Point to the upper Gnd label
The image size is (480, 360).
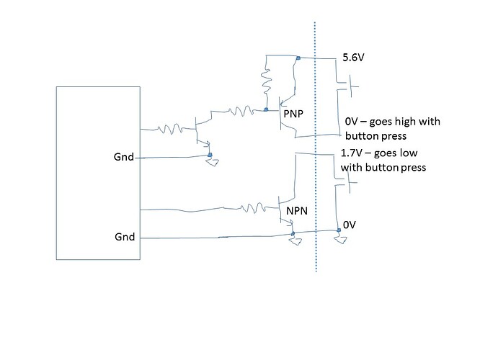123,157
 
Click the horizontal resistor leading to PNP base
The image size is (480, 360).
237,111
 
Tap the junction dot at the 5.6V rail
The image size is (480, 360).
297,57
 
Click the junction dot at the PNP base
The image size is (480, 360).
266,110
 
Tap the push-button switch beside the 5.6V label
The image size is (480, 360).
352,88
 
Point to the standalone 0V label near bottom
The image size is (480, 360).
350,225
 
